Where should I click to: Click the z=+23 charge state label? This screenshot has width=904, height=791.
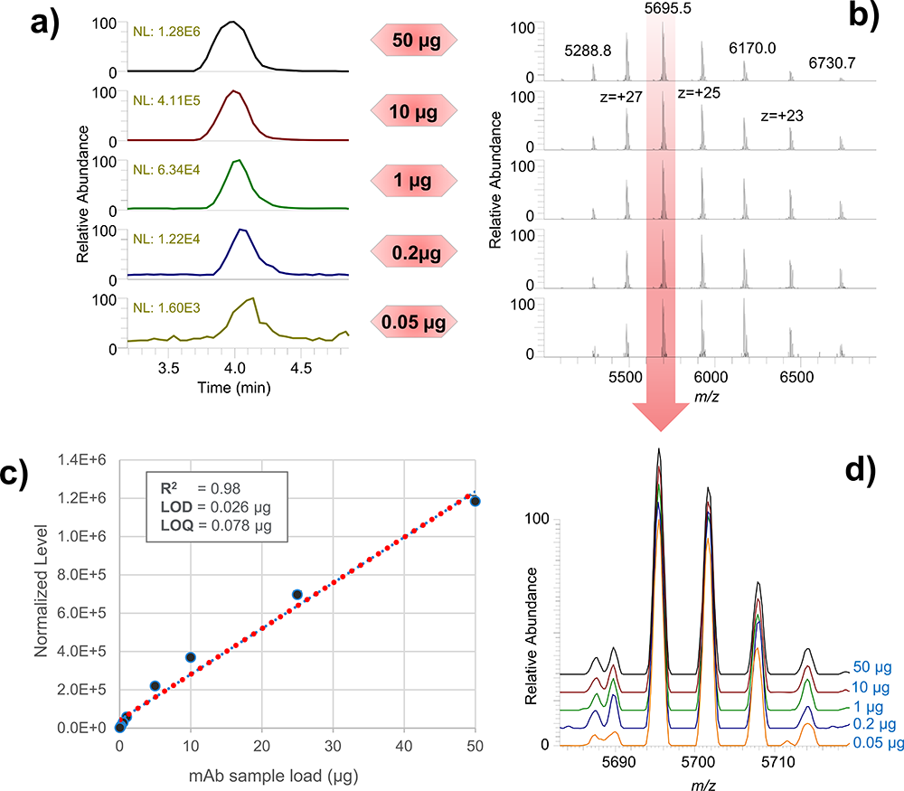783,117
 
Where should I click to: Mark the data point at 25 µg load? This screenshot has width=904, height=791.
297,594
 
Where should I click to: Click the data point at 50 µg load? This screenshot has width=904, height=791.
476,500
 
